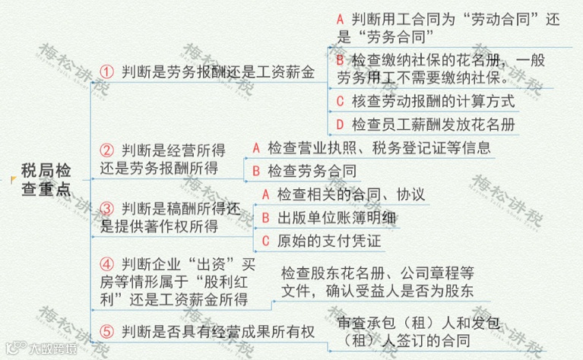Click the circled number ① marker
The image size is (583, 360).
(x=107, y=73)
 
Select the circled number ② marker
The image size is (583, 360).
(x=107, y=150)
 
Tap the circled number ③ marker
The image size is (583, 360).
(x=107, y=208)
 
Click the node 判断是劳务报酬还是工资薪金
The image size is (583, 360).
(x=217, y=73)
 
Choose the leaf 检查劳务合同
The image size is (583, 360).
(x=312, y=170)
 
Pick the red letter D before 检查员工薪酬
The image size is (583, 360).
(x=340, y=124)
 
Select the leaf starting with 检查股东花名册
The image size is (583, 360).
(x=377, y=281)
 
